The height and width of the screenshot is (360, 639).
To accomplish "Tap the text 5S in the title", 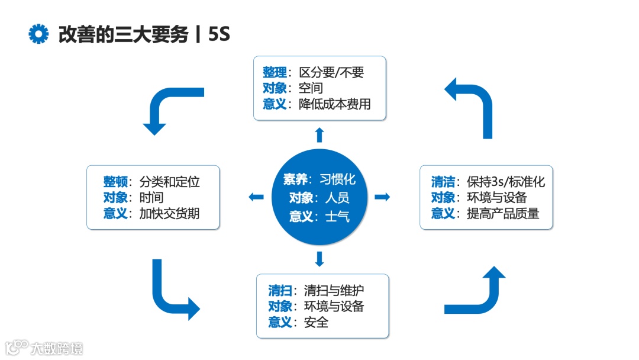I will (218, 34).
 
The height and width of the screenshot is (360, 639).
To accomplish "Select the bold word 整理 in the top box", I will (275, 72).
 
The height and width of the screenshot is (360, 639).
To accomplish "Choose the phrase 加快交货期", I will (169, 213).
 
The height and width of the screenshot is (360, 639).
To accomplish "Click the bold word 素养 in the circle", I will (295, 179).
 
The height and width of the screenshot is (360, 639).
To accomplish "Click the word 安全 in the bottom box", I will (316, 322).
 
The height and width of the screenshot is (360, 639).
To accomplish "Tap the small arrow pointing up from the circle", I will (319, 134).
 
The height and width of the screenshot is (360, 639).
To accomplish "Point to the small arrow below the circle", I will (319, 259).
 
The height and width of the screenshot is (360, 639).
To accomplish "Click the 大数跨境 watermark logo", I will (44, 348).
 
